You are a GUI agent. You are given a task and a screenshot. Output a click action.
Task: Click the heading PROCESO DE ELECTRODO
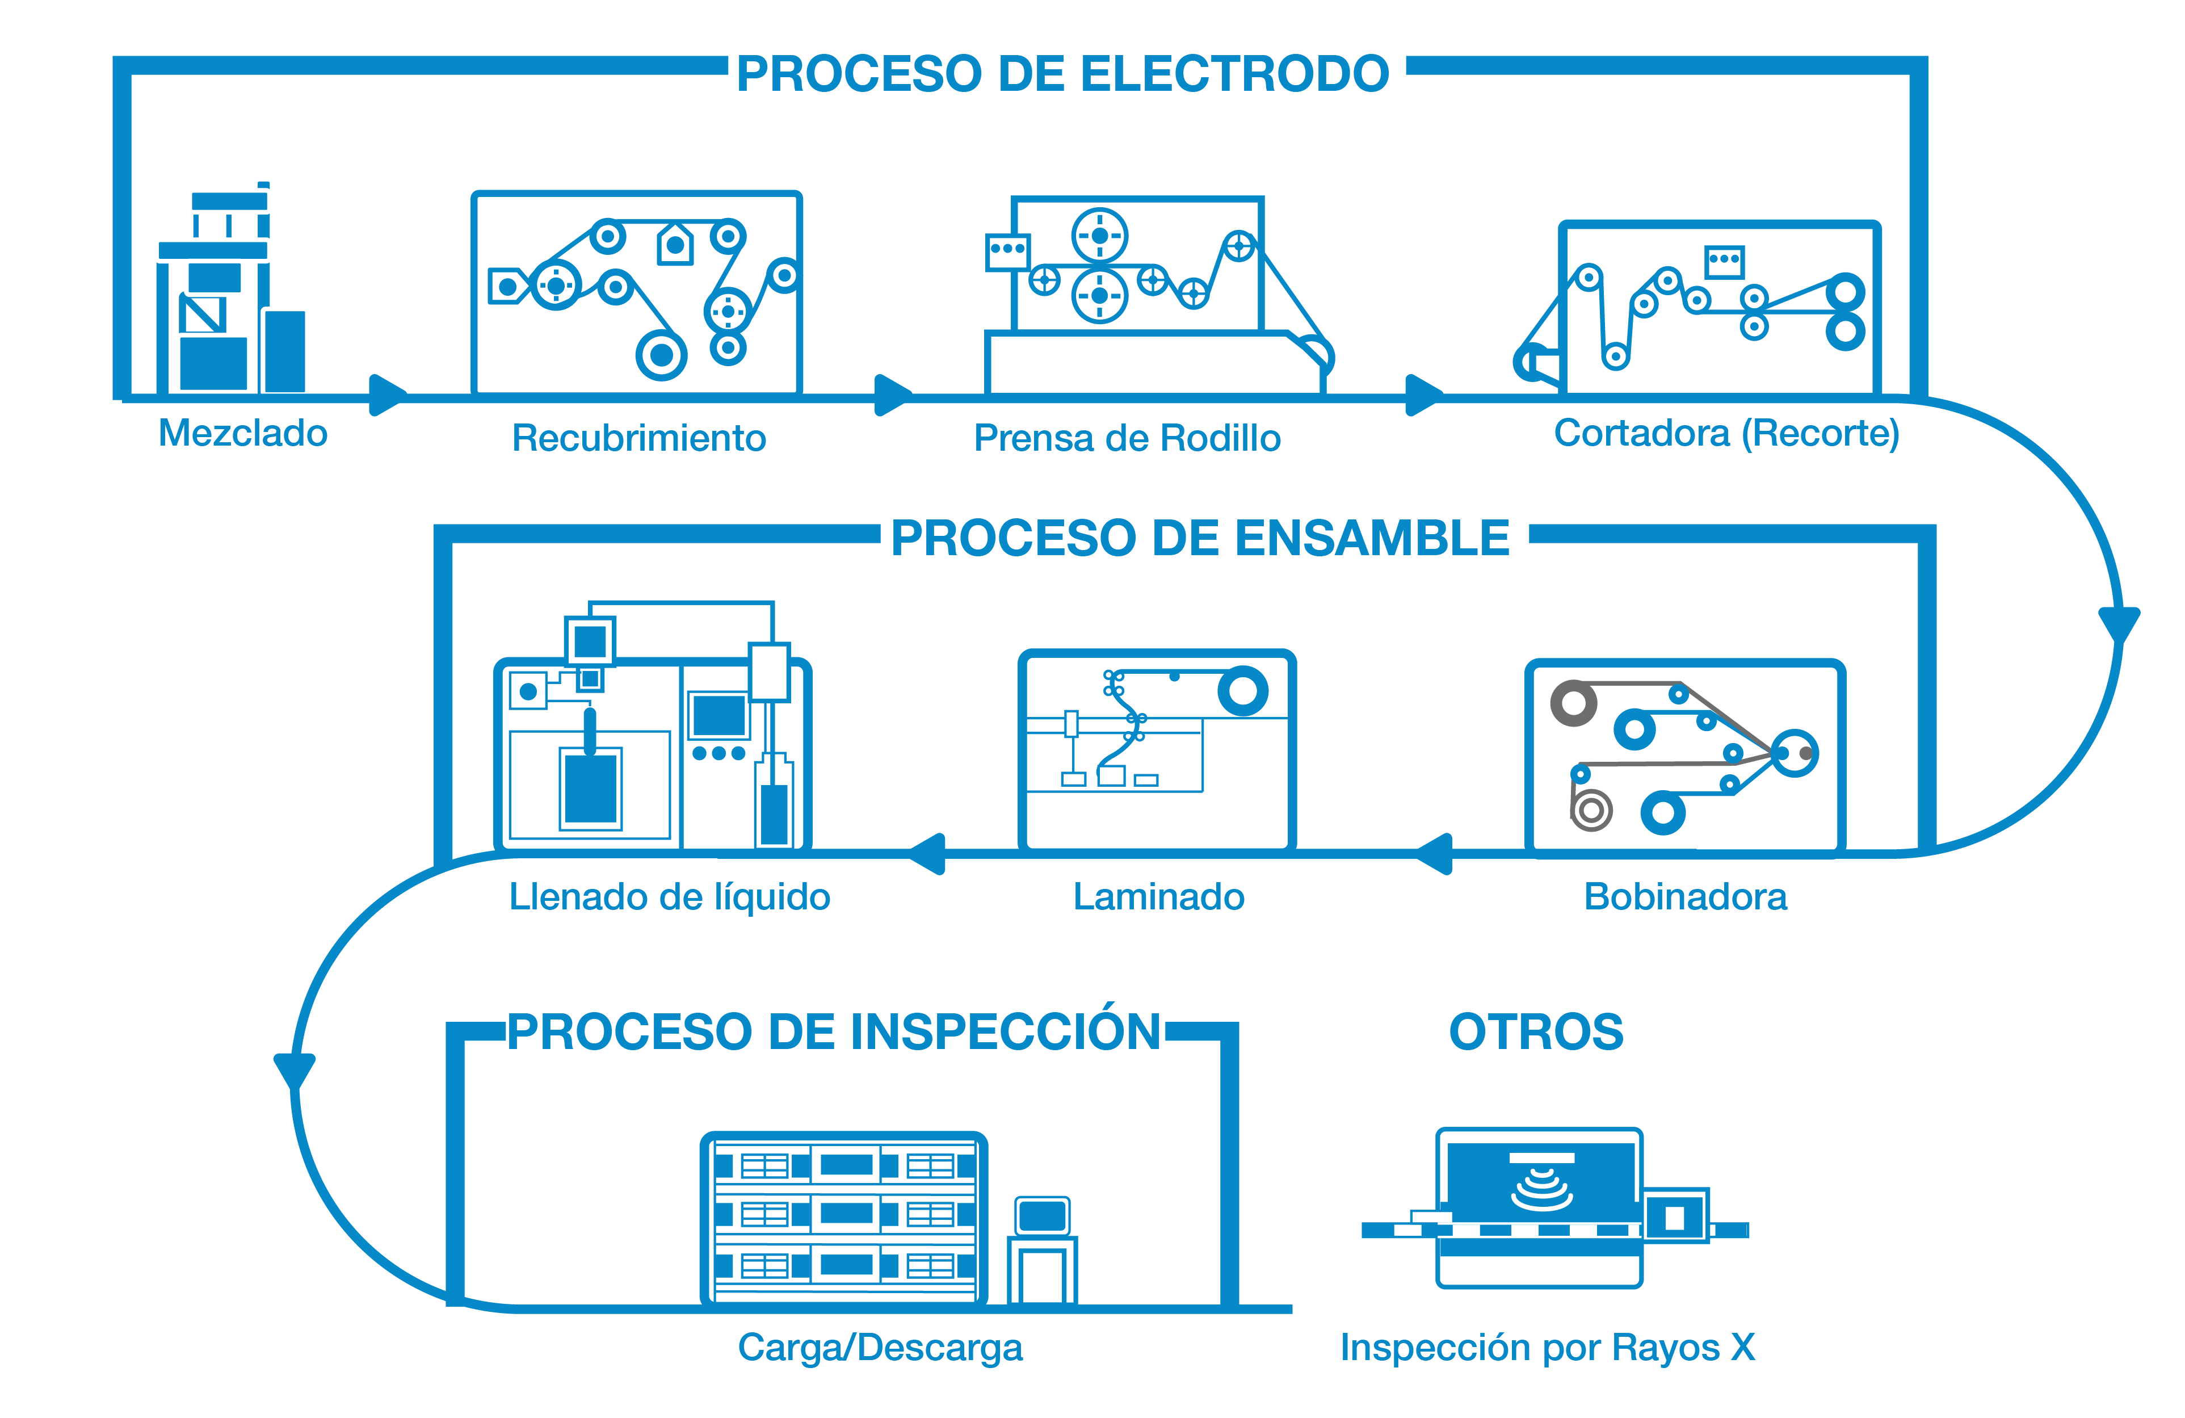coord(1062,73)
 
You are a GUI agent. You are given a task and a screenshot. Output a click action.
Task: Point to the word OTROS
coord(1536,1031)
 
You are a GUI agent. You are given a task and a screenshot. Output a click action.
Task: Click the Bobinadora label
coord(1686,896)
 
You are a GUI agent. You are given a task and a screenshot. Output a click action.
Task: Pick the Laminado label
coord(1158,896)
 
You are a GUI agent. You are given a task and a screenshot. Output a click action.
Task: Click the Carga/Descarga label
coord(880,1347)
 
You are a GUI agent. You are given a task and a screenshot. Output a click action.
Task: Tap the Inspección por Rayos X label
coord(1548,1347)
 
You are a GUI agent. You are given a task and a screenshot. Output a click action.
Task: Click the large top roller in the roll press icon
coord(1100,236)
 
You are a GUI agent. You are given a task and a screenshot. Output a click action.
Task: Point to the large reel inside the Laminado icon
coord(1243,691)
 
